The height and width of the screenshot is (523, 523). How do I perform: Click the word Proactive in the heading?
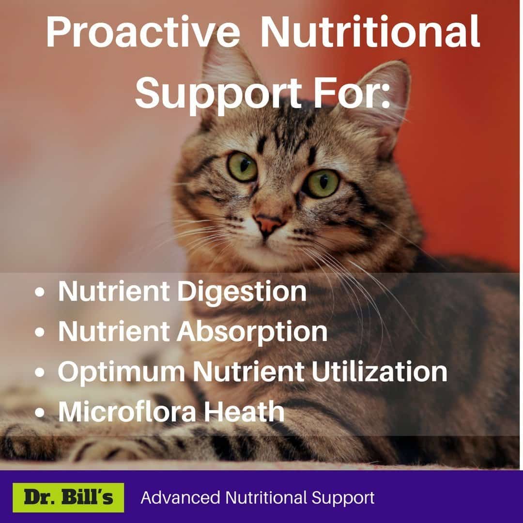point(143,32)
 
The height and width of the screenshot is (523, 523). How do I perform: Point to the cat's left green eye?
point(242,167)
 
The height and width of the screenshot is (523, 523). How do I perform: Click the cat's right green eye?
point(322,183)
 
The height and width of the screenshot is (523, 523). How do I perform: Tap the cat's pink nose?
point(269,224)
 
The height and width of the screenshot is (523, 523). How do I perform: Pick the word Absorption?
point(252,332)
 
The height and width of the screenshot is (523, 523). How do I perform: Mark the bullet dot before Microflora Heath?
point(39,412)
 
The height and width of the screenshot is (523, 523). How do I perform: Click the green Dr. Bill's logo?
point(68,497)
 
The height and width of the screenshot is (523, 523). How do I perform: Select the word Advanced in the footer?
point(180,497)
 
